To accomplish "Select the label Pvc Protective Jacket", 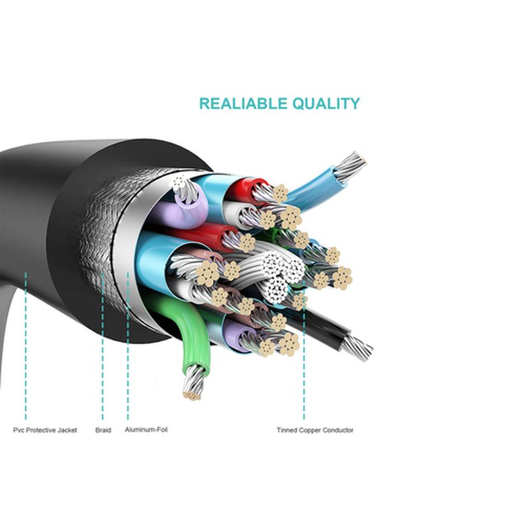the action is [x=45, y=430].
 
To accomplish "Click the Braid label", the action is [x=103, y=430].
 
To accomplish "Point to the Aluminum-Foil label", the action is [x=146, y=430].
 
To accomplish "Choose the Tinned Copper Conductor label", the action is [x=315, y=430].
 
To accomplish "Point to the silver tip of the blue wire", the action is [x=350, y=166].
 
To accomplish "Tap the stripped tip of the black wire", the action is [x=356, y=348].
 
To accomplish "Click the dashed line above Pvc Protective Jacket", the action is [x=26, y=346].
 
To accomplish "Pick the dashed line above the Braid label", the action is [x=102, y=346].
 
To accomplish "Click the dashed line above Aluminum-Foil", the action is [x=127, y=346].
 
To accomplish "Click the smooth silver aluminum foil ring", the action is [x=125, y=255].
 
